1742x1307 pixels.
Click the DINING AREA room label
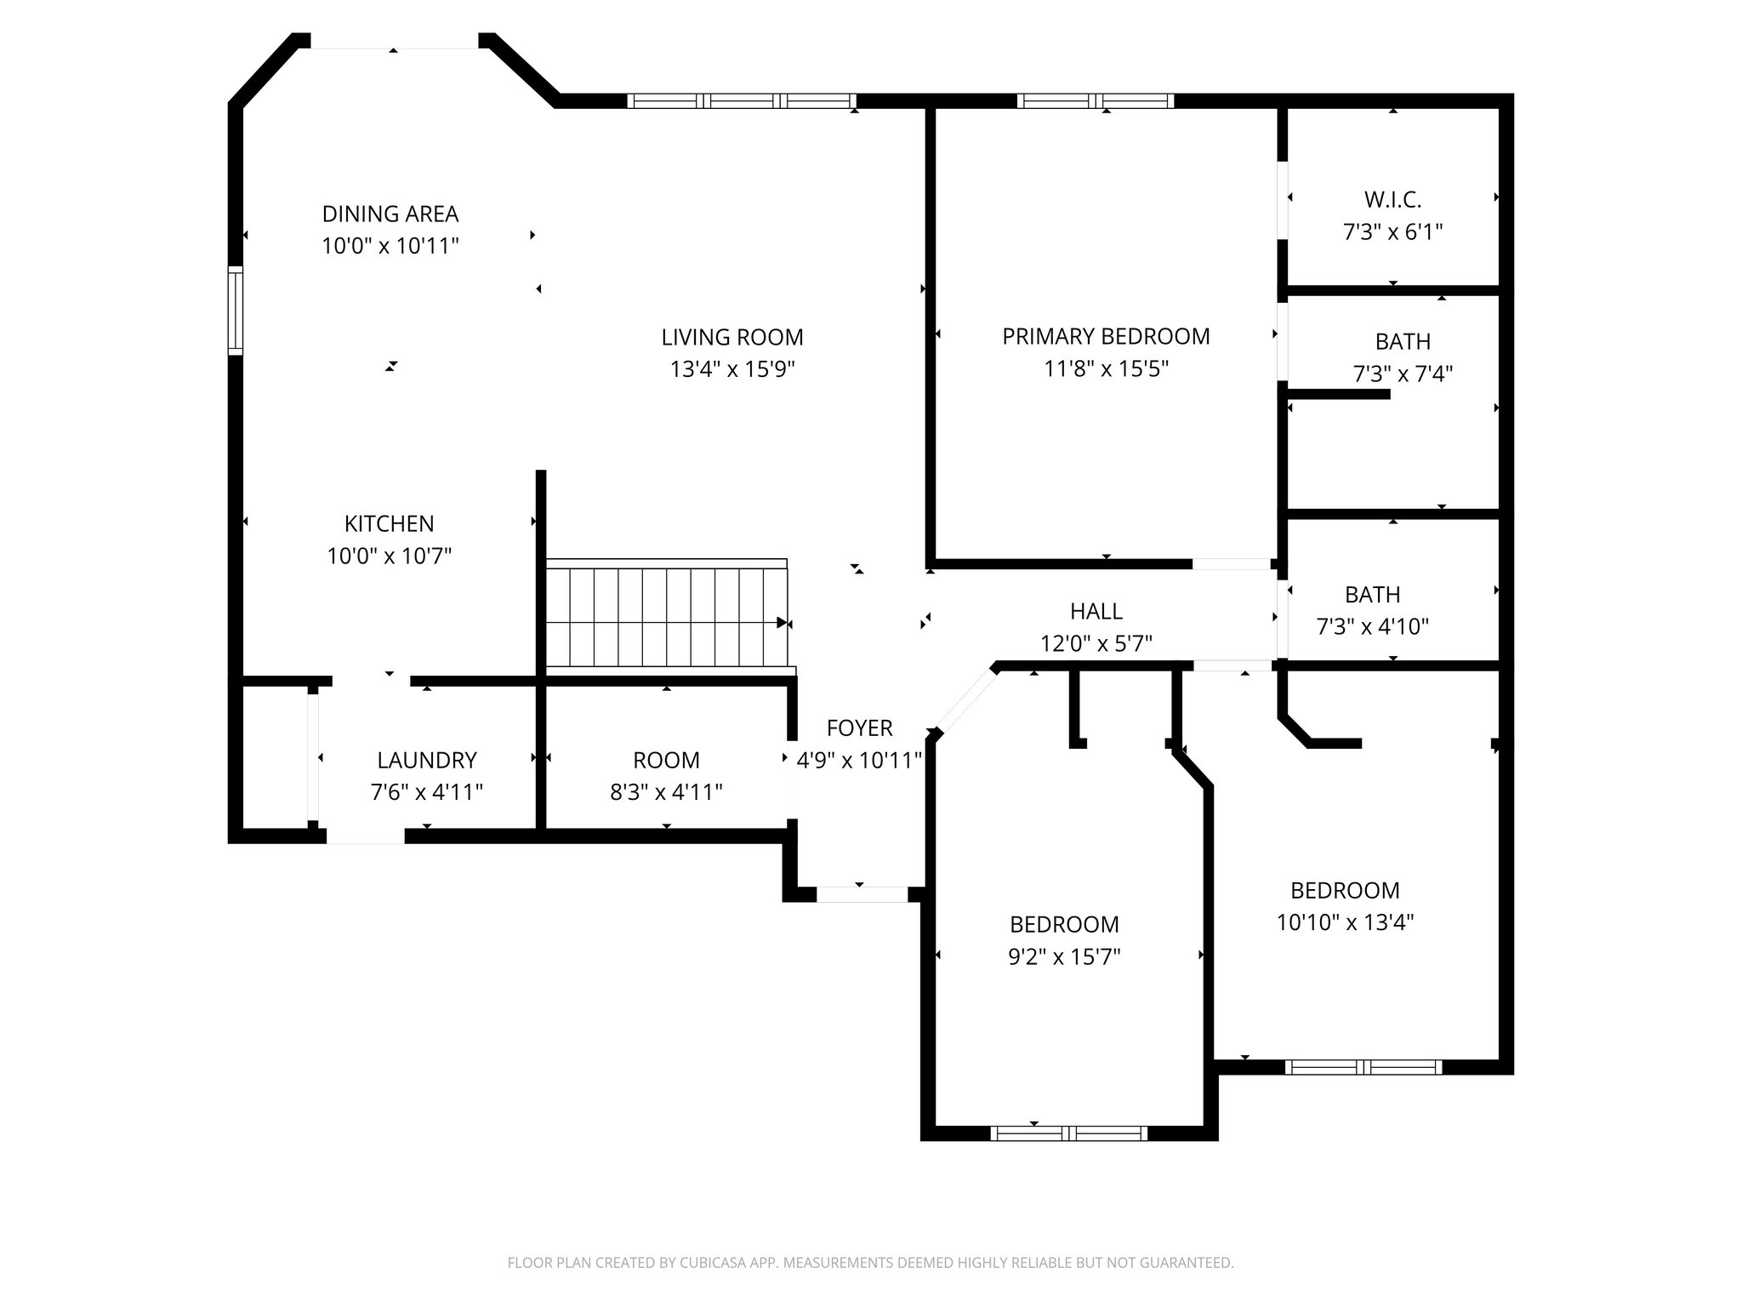[x=390, y=214]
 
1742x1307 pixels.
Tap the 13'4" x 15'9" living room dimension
[x=732, y=369]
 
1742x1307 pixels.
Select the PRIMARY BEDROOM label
[x=1106, y=337]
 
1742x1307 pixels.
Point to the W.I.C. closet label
[x=1392, y=200]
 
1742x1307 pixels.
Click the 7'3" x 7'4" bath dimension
[x=1403, y=374]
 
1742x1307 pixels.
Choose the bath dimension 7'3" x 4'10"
[x=1372, y=627]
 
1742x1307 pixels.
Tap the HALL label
[x=1096, y=611]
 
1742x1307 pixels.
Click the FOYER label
[x=859, y=728]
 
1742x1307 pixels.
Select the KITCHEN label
[x=389, y=523]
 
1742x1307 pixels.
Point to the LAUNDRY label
[x=427, y=760]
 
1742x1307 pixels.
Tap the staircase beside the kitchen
[x=666, y=618]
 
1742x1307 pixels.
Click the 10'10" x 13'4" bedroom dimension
[x=1345, y=922]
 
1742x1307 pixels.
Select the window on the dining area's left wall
[x=236, y=311]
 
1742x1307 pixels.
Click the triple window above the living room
[x=742, y=101]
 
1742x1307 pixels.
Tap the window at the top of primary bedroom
[x=1096, y=101]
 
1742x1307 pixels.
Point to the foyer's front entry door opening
[x=862, y=894]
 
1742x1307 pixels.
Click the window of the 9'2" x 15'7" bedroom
[x=1069, y=1133]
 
